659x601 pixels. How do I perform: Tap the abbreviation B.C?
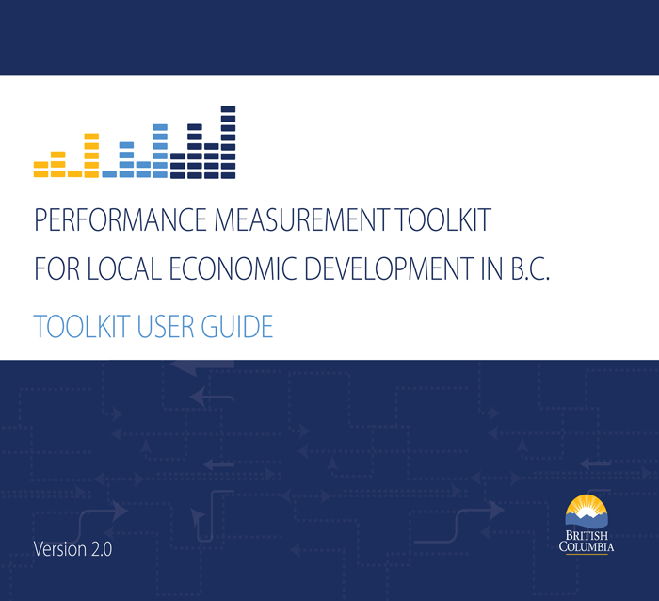[x=528, y=269]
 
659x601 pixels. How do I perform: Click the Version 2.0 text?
[x=72, y=549]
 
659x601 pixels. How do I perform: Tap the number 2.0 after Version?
[x=100, y=549]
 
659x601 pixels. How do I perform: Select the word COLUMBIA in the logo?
[x=586, y=546]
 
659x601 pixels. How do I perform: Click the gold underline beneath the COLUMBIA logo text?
[x=586, y=555]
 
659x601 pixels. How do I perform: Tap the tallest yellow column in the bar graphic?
[x=91, y=155]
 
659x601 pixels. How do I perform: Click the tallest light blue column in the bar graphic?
[x=160, y=151]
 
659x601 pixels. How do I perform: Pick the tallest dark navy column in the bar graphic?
[x=228, y=141]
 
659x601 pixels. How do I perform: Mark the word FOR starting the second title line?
[x=54, y=269]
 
